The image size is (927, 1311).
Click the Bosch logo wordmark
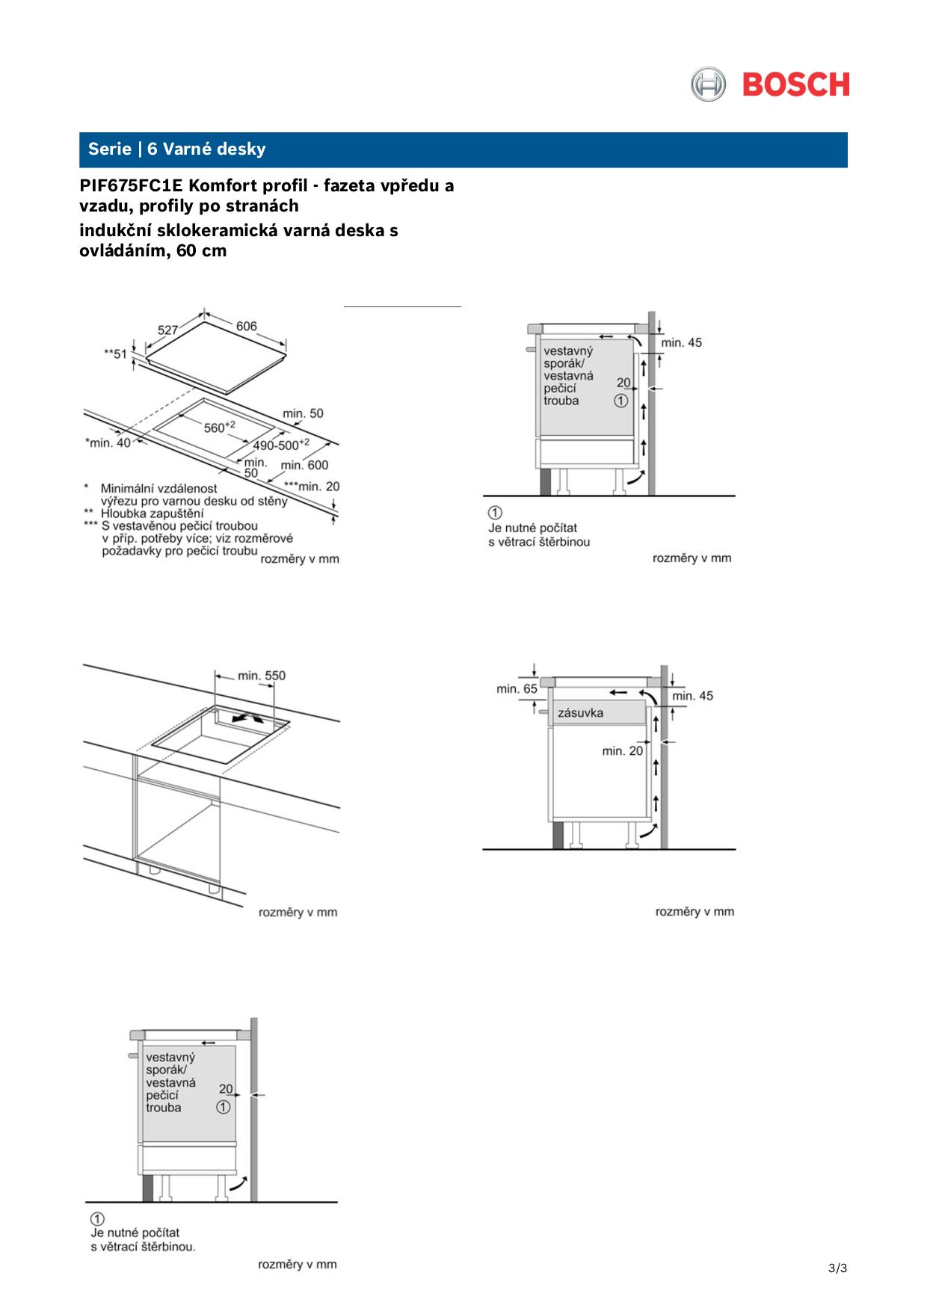click(796, 84)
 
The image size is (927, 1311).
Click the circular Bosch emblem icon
click(707, 84)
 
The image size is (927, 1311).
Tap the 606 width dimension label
click(247, 327)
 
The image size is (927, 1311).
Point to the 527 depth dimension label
click(168, 330)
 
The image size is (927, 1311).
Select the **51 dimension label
click(115, 354)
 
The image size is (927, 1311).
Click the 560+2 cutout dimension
click(220, 427)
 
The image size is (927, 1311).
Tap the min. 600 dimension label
click(304, 465)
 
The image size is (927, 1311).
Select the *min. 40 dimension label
click(108, 442)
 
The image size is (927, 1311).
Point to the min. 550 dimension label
click(262, 676)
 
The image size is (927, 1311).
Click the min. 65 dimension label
click(517, 688)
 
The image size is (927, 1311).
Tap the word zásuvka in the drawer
click(580, 713)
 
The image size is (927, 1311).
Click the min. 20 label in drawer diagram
click(622, 750)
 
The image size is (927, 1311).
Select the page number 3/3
click(837, 1268)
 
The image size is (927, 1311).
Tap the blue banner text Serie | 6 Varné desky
click(176, 149)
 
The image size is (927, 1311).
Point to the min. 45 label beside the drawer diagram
click(692, 696)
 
